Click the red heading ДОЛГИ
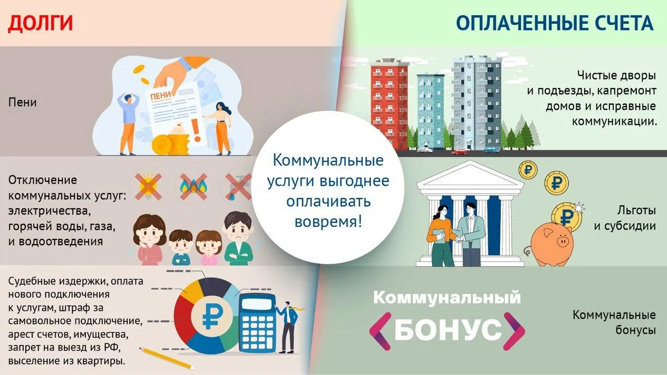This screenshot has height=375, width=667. point(40,23)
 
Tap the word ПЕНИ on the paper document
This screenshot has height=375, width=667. point(161,96)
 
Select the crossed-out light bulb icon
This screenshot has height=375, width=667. point(148,187)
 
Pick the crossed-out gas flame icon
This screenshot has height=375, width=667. point(194,187)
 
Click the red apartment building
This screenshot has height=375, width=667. point(389,104)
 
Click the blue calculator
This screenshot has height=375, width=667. point(258,324)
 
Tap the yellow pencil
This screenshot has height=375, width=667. point(166,358)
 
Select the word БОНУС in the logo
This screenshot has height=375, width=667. point(447,330)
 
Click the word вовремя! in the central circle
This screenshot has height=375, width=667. point(328,222)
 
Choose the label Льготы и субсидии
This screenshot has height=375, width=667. point(625,218)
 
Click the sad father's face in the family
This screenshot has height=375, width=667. point(238,228)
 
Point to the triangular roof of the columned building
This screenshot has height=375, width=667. point(470,175)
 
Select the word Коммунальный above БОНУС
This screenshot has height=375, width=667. point(447,297)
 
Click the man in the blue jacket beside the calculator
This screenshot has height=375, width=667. point(288,328)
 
